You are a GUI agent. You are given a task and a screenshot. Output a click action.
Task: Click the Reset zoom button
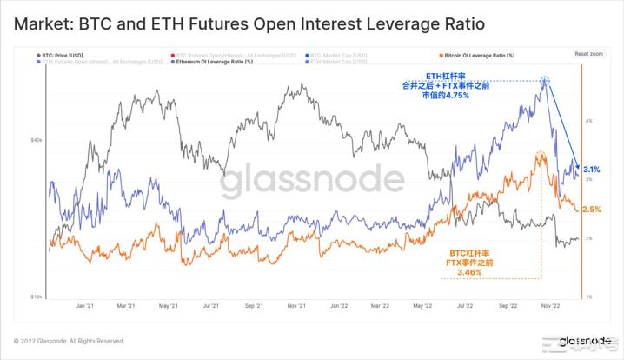[x=588, y=53]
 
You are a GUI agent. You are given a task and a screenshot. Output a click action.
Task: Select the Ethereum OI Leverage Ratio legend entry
[x=213, y=62]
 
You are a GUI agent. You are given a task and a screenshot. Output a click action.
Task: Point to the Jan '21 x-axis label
[x=85, y=306]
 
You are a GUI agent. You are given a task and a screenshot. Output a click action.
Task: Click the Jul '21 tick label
[x=210, y=306]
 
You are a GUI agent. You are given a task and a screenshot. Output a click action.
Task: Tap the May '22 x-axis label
[x=423, y=306]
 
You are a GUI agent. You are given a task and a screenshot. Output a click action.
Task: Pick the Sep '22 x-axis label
[x=508, y=306]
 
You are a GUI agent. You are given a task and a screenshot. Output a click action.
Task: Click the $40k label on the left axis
[x=37, y=139]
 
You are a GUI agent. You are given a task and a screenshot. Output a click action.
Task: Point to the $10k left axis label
[x=37, y=297]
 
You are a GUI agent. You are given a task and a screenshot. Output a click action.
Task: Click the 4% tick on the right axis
[x=589, y=120]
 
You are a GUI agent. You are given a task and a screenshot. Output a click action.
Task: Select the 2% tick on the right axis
[x=589, y=238]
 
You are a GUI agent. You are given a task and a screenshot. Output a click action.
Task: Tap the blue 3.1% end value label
[x=591, y=169]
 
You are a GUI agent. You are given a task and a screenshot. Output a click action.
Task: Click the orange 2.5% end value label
[x=591, y=210]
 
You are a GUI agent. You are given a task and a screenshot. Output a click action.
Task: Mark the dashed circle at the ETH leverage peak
[x=546, y=82]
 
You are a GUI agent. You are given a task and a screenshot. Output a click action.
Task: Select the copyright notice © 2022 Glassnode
[x=69, y=341]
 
